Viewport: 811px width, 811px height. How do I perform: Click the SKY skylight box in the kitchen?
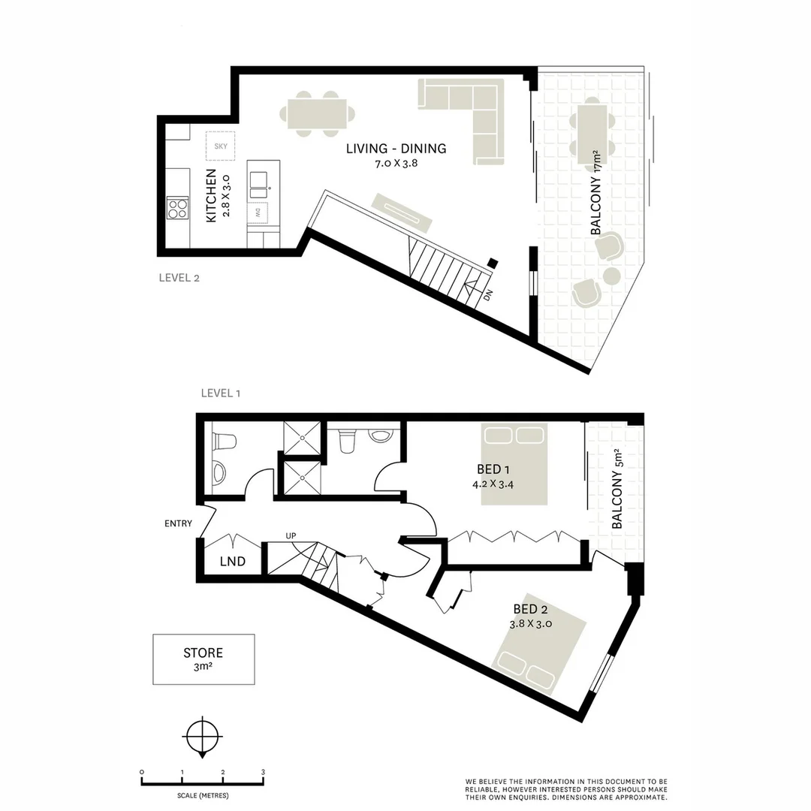click(221, 146)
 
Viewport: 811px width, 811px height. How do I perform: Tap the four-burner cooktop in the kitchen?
click(177, 207)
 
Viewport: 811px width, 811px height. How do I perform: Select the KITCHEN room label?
click(211, 195)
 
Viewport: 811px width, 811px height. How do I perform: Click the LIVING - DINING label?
click(396, 149)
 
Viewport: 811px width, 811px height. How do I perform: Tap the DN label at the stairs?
click(487, 295)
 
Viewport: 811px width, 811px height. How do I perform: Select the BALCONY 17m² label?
click(598, 194)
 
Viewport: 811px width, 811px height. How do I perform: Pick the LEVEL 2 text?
click(179, 277)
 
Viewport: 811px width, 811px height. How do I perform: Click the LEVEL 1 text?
click(221, 393)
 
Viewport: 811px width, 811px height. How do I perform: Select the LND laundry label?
click(232, 562)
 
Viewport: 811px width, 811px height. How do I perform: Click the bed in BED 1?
click(514, 463)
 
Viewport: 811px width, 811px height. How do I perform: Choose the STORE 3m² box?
click(204, 659)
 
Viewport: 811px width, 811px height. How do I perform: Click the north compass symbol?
click(203, 737)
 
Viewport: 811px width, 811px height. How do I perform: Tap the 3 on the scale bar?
click(263, 772)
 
